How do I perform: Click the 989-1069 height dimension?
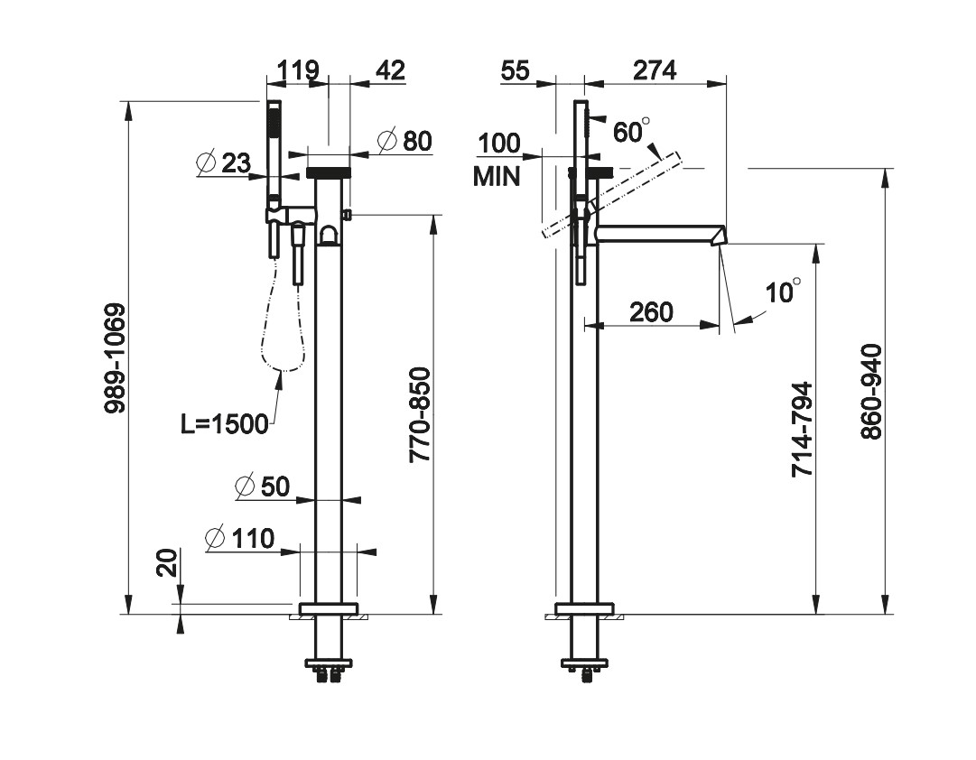tap(115, 357)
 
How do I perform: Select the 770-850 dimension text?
tap(421, 415)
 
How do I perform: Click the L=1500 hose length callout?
tap(225, 423)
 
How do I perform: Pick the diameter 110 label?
tap(239, 539)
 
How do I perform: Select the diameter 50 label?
tap(262, 487)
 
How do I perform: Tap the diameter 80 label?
tap(404, 141)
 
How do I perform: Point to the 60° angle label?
tap(631, 131)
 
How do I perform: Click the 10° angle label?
tap(783, 292)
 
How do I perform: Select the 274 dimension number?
tap(654, 70)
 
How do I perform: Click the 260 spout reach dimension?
tap(651, 312)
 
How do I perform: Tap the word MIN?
tap(497, 177)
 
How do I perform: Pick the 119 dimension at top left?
tap(298, 70)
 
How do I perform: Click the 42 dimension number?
tap(390, 70)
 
